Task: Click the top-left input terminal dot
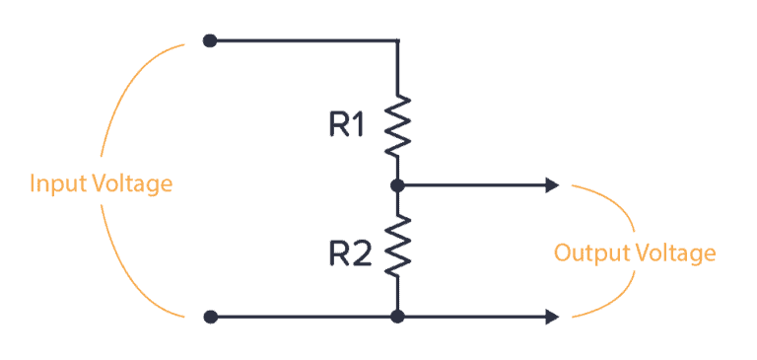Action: tap(209, 40)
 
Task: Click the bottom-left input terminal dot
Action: tap(209, 317)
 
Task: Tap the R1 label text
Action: tap(347, 124)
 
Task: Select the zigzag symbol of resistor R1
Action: tap(397, 125)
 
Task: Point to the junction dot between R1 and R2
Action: tap(397, 184)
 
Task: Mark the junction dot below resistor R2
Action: tap(397, 317)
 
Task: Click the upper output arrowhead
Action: tap(552, 184)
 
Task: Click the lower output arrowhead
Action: tap(552, 317)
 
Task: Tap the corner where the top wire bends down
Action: tap(397, 41)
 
